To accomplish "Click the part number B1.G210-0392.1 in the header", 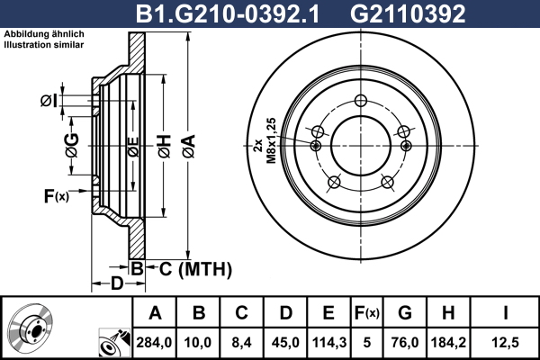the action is (x=228, y=14).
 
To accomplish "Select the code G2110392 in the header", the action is (x=408, y=14).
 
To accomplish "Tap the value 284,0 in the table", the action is (x=154, y=342).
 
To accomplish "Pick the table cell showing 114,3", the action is (x=328, y=342).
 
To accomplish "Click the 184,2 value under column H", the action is (x=448, y=342).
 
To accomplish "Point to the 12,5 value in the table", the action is (x=505, y=342).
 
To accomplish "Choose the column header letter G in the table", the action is (x=405, y=313).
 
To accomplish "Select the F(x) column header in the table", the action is (x=367, y=313).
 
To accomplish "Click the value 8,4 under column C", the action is (x=241, y=342).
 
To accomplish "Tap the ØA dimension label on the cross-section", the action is (x=189, y=146).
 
